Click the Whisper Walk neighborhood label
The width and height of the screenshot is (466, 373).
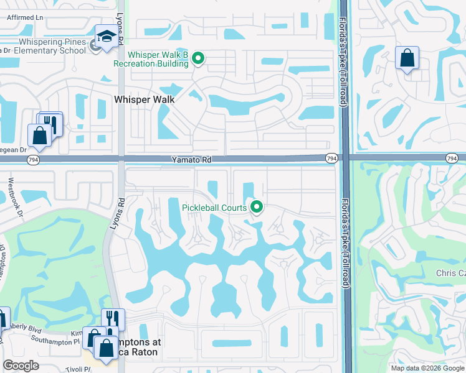click(144, 99)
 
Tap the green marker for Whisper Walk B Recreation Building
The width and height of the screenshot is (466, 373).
click(198, 59)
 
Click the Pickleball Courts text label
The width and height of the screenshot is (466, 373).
click(214, 208)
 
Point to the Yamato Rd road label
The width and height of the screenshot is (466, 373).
click(191, 160)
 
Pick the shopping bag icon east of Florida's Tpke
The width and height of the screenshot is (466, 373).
click(407, 58)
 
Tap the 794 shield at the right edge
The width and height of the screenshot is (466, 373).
click(451, 160)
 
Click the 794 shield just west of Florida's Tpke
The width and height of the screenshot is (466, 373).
click(331, 160)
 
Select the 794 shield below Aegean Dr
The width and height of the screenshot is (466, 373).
click(32, 160)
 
